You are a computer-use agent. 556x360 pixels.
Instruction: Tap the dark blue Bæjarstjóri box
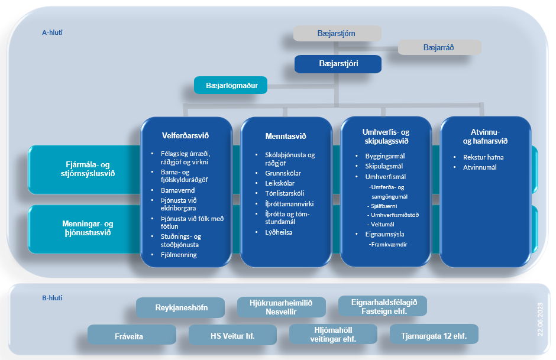[x=338, y=64]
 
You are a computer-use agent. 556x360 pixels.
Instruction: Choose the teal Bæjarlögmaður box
[x=231, y=86]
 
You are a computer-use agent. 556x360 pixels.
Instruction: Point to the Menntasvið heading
[x=286, y=137]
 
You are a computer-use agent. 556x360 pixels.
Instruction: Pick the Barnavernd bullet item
[x=177, y=191]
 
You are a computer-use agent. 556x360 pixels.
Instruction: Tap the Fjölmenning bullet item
[x=179, y=255]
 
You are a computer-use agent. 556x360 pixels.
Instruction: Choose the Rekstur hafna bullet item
[x=483, y=157]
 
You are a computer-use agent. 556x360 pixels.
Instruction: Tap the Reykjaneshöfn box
[x=181, y=308]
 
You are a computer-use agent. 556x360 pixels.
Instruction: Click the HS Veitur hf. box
[x=232, y=336]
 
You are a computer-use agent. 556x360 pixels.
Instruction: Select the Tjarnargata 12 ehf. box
[x=434, y=336]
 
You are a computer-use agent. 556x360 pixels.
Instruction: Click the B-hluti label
[x=52, y=299]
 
